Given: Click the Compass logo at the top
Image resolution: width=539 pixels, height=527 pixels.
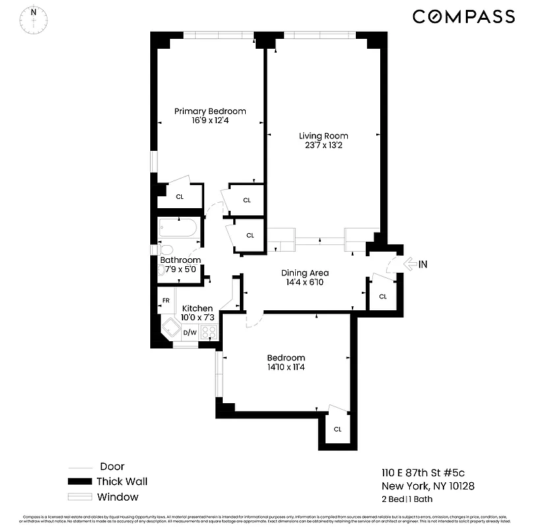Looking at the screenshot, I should click(x=463, y=16).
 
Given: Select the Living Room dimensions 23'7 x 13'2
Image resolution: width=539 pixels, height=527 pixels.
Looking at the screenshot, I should click(x=323, y=146).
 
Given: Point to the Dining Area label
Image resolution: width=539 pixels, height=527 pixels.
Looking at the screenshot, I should click(x=304, y=273).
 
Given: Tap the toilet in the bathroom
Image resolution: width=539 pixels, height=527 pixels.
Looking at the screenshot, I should click(x=165, y=250).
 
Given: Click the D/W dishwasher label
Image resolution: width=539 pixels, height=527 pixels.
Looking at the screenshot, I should click(x=189, y=332).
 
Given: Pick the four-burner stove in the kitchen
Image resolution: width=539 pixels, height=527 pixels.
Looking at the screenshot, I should click(x=209, y=332).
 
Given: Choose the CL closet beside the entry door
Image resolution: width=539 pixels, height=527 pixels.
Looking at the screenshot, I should click(x=382, y=296).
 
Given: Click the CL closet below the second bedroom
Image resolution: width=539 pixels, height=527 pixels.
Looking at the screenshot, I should click(x=337, y=429).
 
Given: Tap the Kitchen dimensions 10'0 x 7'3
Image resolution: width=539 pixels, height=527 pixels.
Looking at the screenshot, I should click(x=197, y=318).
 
